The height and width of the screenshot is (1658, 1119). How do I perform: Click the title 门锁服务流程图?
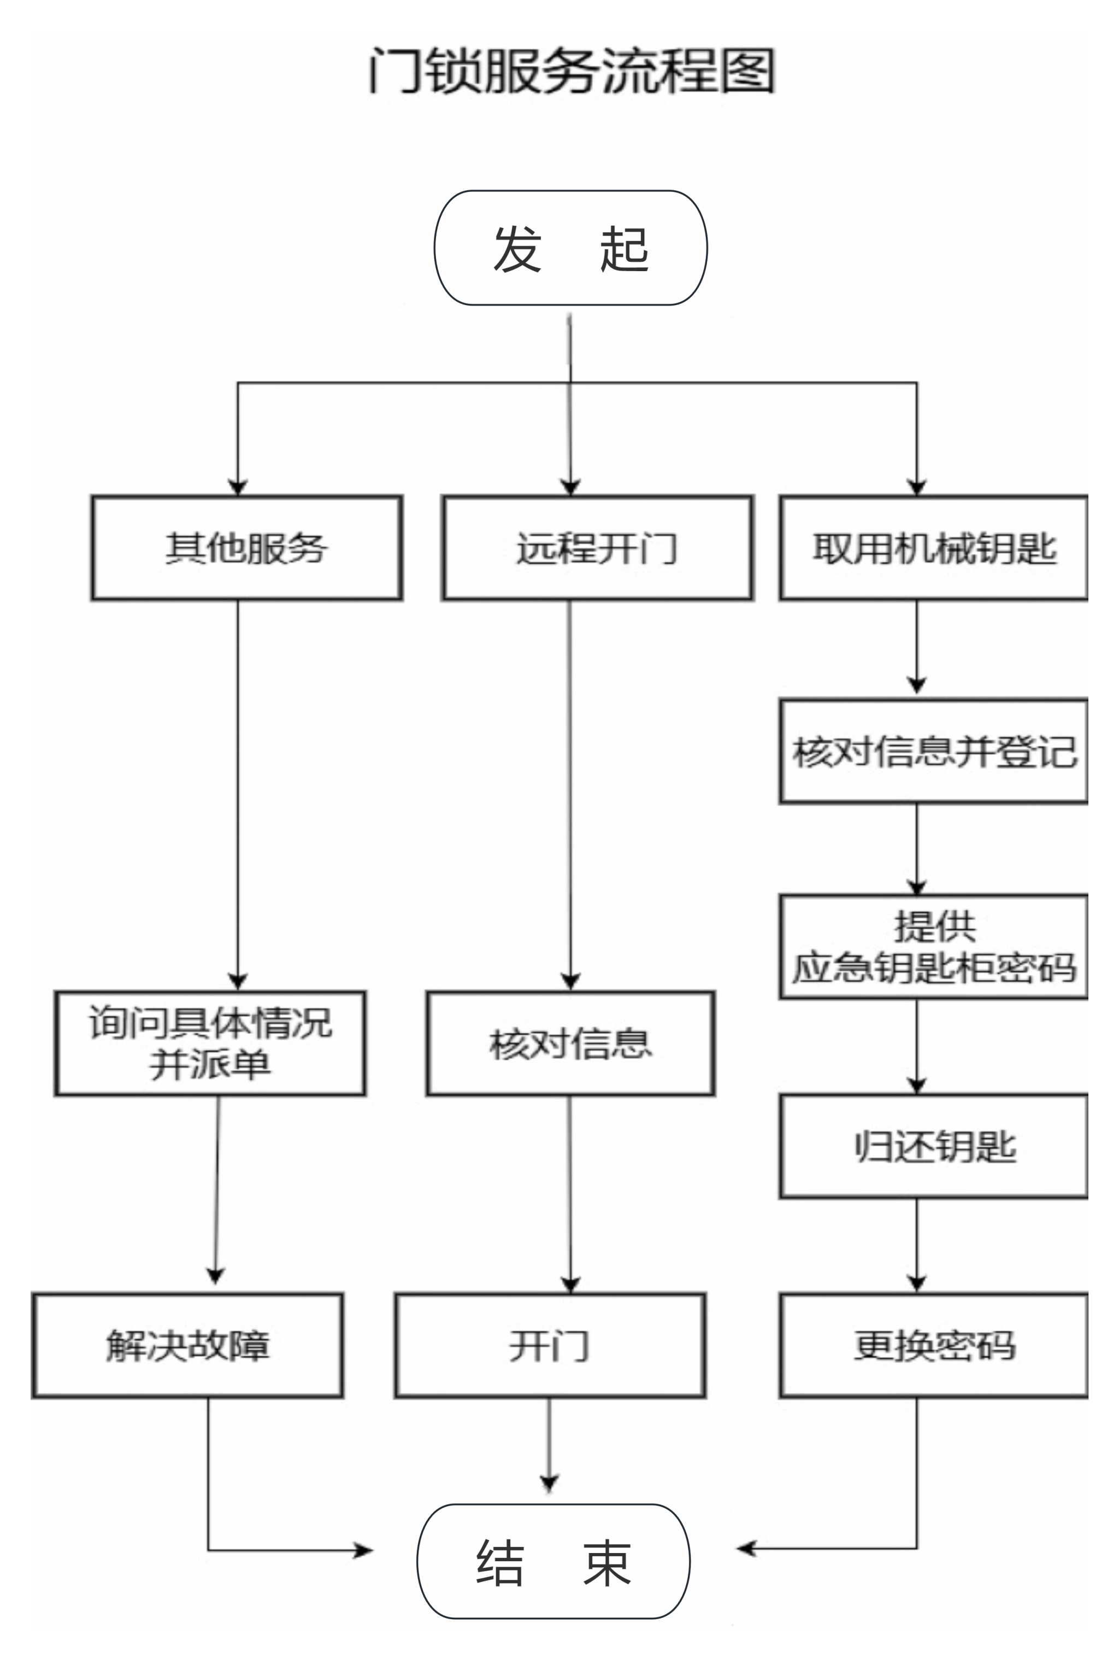point(570,72)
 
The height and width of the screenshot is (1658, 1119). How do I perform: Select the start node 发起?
point(570,248)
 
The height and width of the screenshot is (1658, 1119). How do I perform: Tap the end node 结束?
point(553,1562)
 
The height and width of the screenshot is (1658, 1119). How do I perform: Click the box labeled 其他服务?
point(247,548)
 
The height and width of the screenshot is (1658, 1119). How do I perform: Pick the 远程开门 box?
point(597,548)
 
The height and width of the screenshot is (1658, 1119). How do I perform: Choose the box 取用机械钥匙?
point(934,548)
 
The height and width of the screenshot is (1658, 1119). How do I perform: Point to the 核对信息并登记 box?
point(934,751)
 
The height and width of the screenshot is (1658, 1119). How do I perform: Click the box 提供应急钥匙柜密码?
point(934,947)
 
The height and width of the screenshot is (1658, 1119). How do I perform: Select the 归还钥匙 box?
point(934,1146)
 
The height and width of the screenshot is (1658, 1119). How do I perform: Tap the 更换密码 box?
point(934,1345)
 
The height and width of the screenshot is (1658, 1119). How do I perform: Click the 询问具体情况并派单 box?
point(210,1043)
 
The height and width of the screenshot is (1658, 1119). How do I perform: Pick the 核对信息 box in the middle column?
point(570,1043)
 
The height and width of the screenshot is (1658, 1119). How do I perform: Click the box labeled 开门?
point(550,1345)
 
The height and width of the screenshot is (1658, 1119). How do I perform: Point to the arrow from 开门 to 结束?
point(549,1445)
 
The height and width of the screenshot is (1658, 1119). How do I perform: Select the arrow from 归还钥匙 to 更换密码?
point(917,1245)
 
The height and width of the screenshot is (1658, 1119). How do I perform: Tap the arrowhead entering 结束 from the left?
point(364,1550)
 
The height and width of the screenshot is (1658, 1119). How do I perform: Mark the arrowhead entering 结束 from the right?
point(745,1548)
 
